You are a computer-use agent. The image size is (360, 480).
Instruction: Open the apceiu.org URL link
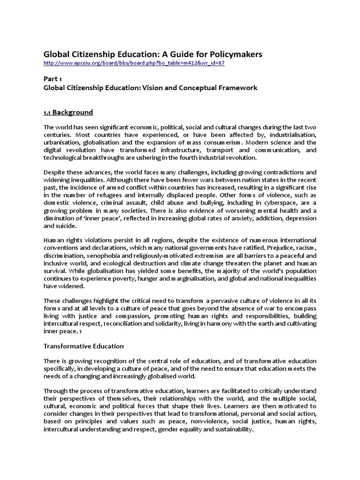[134, 63]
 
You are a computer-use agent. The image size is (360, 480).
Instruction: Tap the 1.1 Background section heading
[68, 112]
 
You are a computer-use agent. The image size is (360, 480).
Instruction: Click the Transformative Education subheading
[83, 346]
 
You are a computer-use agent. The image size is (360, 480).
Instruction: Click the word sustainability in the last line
[232, 428]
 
